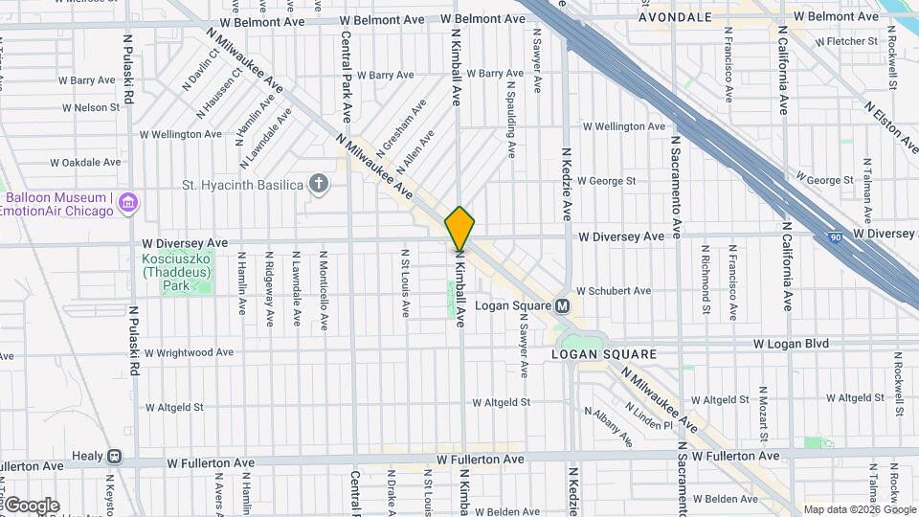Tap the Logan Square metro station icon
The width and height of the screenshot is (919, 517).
(x=563, y=305)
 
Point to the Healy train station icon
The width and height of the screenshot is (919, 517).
(x=115, y=457)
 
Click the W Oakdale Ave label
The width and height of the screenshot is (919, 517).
(x=86, y=162)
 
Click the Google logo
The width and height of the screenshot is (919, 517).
(x=32, y=505)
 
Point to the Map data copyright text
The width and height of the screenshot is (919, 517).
(x=858, y=509)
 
